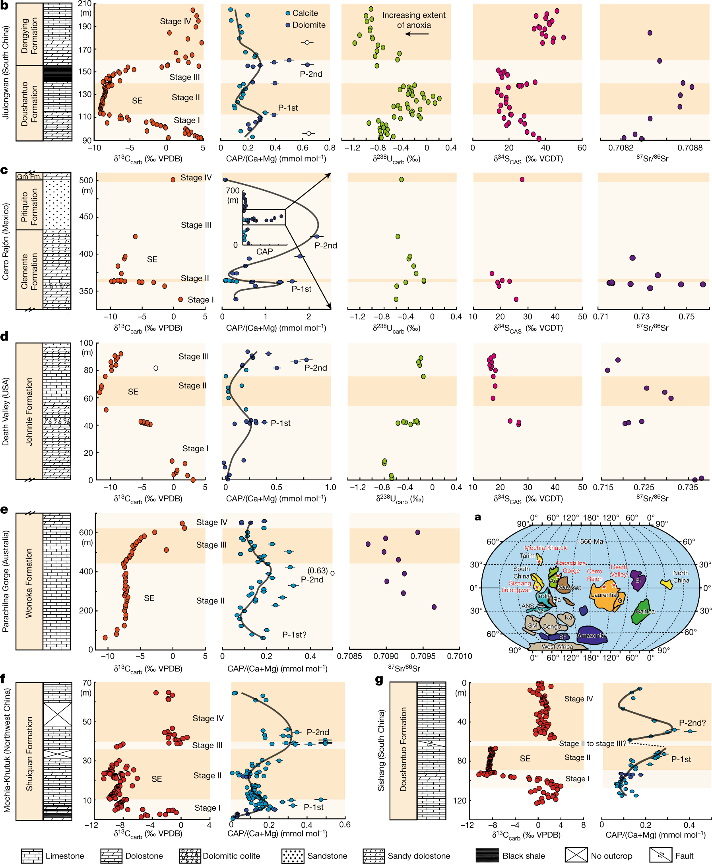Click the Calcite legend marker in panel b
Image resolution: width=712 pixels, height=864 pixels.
coord(288,14)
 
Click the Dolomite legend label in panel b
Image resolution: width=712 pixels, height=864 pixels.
coord(309,25)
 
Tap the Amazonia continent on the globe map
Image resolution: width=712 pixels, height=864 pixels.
coord(591,635)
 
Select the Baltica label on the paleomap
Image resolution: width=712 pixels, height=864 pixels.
coord(645,611)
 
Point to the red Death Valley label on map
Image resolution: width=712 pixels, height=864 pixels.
coord(619,571)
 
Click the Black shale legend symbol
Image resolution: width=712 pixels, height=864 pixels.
coord(487,855)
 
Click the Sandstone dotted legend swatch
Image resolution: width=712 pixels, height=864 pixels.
coord(293,856)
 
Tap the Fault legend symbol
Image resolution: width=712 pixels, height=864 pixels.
coord(660,855)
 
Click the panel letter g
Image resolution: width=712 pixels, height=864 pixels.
coord(379,680)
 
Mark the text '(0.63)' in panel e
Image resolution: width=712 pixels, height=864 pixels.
coord(318,571)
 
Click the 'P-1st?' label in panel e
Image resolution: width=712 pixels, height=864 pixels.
coord(294,635)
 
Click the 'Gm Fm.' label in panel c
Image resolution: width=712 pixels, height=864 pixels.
coord(29,177)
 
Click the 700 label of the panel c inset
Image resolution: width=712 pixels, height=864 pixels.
coord(232,191)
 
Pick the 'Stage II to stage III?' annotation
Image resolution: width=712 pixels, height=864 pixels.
coord(593,744)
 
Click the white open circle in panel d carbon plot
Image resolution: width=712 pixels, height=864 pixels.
coord(156,369)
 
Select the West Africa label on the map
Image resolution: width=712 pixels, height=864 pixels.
coord(557,647)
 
